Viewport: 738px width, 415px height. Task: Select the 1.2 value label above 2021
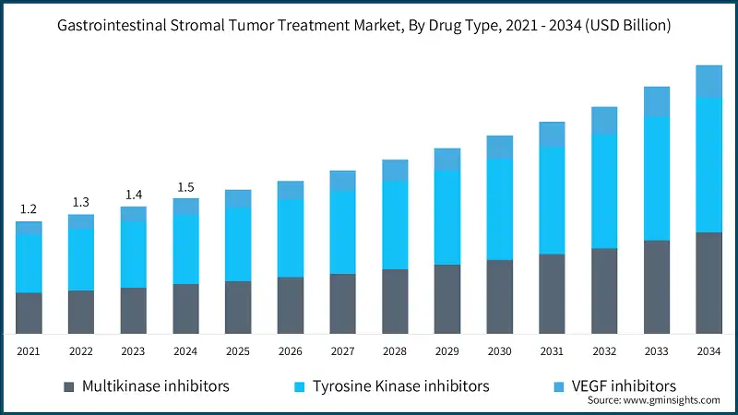29,209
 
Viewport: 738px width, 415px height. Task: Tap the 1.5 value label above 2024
185,187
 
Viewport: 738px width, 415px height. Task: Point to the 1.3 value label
81,202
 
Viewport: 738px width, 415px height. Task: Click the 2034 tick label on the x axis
708,351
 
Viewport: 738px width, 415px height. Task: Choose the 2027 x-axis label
342,351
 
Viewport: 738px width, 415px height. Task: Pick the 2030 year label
499,351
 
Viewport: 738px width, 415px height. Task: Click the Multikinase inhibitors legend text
155,385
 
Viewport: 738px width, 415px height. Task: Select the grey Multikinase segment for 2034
708,282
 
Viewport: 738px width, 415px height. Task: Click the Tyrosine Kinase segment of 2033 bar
656,178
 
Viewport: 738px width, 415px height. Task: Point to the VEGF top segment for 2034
708,81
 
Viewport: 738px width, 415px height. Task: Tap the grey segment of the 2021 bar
29,313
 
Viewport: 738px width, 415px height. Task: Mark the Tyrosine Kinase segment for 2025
238,243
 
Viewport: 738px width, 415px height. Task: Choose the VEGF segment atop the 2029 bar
447,159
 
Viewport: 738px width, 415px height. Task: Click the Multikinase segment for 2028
395,301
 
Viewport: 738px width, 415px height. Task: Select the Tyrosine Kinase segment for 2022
81,259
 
